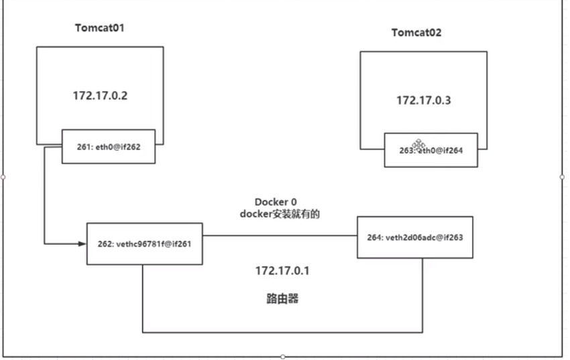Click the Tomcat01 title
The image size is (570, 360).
pyautogui.click(x=100, y=28)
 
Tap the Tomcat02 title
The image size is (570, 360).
pyautogui.click(x=416, y=33)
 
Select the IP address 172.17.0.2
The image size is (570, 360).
pyautogui.click(x=100, y=96)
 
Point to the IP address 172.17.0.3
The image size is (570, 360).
pyautogui.click(x=424, y=101)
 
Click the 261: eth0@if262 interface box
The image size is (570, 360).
pyautogui.click(x=109, y=147)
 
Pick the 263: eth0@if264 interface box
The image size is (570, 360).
pyautogui.click(x=431, y=150)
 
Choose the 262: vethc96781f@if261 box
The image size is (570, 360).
pyautogui.click(x=145, y=244)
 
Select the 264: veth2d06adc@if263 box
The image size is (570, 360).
pyautogui.click(x=415, y=237)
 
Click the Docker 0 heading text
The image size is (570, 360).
pyautogui.click(x=276, y=202)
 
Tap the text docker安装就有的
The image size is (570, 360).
pyautogui.click(x=280, y=214)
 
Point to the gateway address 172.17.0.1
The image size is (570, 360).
pyautogui.click(x=282, y=271)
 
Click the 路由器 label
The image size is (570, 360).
pyautogui.click(x=282, y=298)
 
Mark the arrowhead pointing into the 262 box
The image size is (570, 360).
pyautogui.click(x=82, y=244)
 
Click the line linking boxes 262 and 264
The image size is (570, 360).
pyautogui.click(x=280, y=235)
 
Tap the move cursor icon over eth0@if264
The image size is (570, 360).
pyautogui.click(x=418, y=145)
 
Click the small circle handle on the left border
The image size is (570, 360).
pyautogui.click(x=3, y=177)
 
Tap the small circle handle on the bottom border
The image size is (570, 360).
pyautogui.click(x=283, y=357)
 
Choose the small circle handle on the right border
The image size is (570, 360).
pyautogui.click(x=562, y=177)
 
